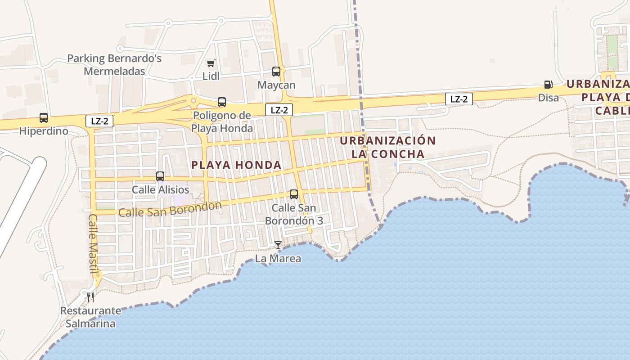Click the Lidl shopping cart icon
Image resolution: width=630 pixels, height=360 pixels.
(211, 63)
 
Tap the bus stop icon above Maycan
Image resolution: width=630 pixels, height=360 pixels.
(276, 71)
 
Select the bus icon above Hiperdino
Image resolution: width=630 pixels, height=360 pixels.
(44, 118)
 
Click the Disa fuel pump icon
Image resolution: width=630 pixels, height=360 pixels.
(548, 84)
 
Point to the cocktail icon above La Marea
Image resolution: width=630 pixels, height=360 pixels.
(278, 245)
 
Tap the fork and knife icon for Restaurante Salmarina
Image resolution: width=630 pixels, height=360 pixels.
(90, 297)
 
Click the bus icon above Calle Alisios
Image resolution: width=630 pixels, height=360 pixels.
(160, 176)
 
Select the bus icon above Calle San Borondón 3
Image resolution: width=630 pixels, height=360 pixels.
(294, 194)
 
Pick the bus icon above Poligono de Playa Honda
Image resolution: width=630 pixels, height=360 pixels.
(222, 102)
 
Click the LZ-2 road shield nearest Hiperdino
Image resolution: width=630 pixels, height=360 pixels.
(99, 121)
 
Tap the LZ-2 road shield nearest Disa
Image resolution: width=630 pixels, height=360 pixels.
(459, 99)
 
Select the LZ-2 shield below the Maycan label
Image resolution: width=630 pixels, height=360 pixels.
(279, 109)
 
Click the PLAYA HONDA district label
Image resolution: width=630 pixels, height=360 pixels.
(236, 165)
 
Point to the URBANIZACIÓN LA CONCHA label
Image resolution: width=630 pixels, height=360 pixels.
(387, 147)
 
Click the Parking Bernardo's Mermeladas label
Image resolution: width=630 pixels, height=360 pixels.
(114, 65)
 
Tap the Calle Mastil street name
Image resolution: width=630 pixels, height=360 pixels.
(94, 243)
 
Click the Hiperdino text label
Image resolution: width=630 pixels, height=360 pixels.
(44, 131)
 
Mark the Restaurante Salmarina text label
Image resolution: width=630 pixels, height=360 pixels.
(90, 317)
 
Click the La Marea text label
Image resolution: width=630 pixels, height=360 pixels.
(278, 259)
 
